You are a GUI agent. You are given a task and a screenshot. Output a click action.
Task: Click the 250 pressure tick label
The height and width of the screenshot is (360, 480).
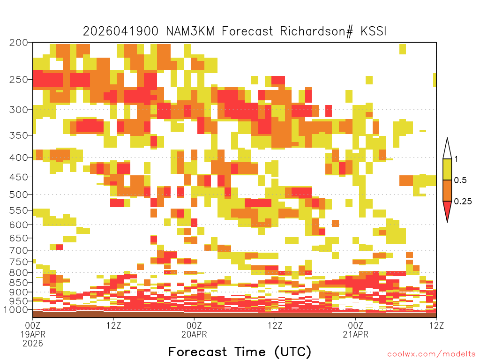(18, 80)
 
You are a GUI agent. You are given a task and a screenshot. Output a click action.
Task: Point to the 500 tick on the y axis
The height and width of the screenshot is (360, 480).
(18, 195)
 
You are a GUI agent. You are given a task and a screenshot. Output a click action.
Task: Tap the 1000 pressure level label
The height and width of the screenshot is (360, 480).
(15, 310)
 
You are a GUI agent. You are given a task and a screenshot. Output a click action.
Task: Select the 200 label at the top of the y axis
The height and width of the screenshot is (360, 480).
(18, 43)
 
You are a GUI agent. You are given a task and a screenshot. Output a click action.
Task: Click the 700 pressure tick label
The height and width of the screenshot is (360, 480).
(18, 250)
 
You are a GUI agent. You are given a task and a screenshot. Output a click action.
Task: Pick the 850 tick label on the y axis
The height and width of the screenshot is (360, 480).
(18, 283)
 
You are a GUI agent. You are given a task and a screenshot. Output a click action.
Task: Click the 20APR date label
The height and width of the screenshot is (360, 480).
(194, 334)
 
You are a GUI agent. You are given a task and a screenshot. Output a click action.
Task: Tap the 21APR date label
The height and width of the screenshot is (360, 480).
(355, 334)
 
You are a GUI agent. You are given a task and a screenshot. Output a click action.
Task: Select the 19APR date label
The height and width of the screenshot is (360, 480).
(33, 334)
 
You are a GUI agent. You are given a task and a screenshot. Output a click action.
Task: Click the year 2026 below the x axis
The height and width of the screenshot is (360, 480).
(33, 344)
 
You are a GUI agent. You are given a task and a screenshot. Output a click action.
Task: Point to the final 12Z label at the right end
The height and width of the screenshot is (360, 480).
(436, 325)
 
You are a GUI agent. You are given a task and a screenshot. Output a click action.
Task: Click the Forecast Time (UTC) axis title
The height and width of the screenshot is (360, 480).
(240, 352)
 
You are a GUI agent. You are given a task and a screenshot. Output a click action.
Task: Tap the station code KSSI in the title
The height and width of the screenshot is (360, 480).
(374, 31)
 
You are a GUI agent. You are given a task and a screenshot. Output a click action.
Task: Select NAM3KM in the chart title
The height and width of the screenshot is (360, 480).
(190, 31)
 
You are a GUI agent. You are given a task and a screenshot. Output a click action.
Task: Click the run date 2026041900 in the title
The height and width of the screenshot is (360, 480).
(120, 31)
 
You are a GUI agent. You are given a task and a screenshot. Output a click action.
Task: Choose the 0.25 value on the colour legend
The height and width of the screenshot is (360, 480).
(463, 202)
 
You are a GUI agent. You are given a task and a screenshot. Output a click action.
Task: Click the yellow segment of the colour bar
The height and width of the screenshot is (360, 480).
(447, 169)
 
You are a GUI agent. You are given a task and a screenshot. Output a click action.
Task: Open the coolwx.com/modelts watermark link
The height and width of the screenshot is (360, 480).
(431, 354)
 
